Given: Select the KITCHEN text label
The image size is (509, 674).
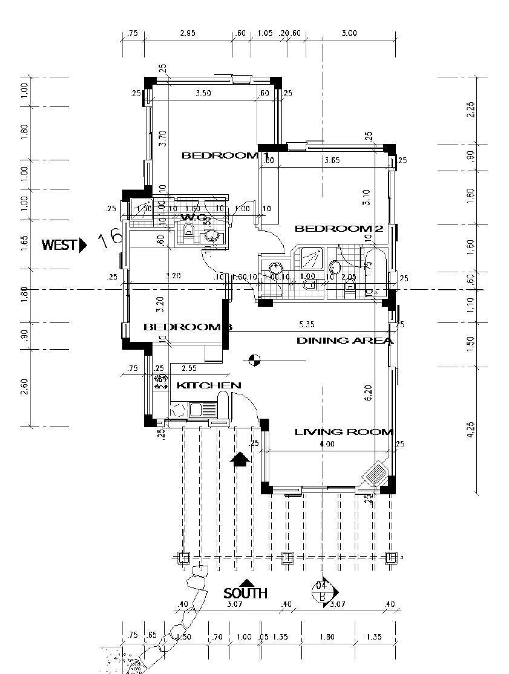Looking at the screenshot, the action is [x=209, y=385].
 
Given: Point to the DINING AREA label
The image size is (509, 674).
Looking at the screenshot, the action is [x=344, y=341].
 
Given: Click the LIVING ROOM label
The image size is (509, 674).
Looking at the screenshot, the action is [x=344, y=432].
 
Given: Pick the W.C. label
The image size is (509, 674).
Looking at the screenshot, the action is [x=194, y=217].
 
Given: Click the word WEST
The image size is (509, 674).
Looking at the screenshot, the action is [x=59, y=245].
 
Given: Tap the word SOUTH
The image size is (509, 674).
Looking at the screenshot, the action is [x=245, y=594].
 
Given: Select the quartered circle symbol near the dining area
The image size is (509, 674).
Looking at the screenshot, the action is [x=255, y=361].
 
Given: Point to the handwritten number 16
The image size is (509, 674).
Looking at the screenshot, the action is [x=111, y=238].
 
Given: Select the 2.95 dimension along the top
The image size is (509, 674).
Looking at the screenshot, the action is [x=188, y=33].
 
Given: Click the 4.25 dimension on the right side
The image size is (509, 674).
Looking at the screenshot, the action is [x=471, y=431].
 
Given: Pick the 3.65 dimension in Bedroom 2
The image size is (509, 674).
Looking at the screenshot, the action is [x=332, y=160].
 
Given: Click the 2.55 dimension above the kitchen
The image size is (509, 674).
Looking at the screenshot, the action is [x=189, y=368].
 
